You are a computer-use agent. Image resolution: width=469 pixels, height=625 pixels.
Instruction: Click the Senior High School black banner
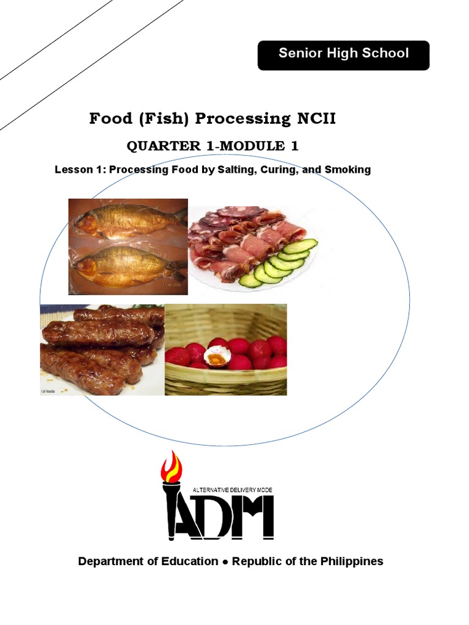click(x=343, y=55)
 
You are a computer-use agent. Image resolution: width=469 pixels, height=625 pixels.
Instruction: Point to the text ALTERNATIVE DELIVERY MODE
click(x=233, y=490)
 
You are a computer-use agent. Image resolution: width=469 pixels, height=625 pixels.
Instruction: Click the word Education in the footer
click(x=189, y=562)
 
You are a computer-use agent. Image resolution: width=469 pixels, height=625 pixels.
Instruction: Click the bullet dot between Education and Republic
click(x=225, y=562)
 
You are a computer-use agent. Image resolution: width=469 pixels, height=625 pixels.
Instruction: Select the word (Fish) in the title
click(x=159, y=118)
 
